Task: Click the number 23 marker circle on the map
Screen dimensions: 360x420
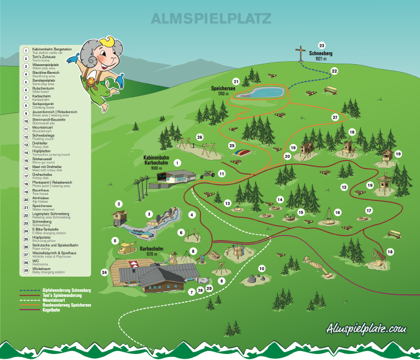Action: click(x=322, y=46)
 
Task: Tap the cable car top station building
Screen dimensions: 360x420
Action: click(x=179, y=178)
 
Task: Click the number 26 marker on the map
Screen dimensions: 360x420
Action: click(x=200, y=137)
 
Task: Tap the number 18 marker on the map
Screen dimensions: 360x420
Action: click(x=391, y=252)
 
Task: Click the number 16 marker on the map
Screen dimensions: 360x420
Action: click(x=338, y=212)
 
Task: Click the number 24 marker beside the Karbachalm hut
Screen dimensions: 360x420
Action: click(x=104, y=272)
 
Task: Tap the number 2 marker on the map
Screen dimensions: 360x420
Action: click(x=119, y=204)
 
